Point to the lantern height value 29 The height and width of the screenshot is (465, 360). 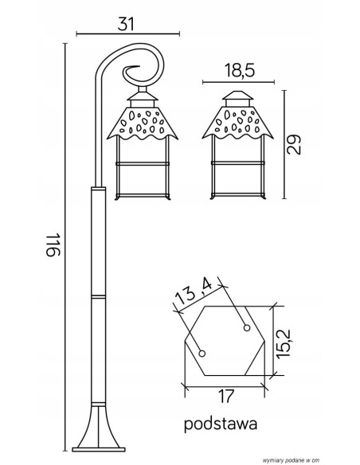(295, 144)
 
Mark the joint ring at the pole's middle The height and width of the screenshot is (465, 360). (97, 296)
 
